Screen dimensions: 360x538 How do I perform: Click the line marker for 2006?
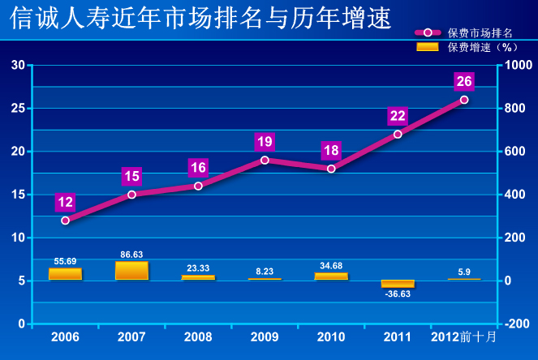pos(66,220)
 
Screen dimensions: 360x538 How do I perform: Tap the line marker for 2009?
pos(265,160)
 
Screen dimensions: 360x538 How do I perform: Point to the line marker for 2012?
pos(464,100)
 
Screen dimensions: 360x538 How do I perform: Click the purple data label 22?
pos(398,115)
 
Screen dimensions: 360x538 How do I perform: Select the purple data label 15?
pos(132,176)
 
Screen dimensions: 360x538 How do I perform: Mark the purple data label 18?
pos(331,150)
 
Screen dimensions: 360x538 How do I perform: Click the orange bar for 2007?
pos(131,271)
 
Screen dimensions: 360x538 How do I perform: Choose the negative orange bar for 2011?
pos(398,284)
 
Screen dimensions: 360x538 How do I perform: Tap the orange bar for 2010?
pos(331,276)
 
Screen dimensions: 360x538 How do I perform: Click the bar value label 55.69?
pos(66,261)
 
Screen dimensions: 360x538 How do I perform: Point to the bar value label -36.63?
pos(398,294)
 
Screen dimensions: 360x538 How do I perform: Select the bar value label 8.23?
pos(265,272)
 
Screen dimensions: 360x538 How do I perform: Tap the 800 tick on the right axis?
pos(518,108)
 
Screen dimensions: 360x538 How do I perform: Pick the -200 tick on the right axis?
pos(517,324)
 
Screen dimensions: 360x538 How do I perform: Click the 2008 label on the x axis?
pos(198,336)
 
